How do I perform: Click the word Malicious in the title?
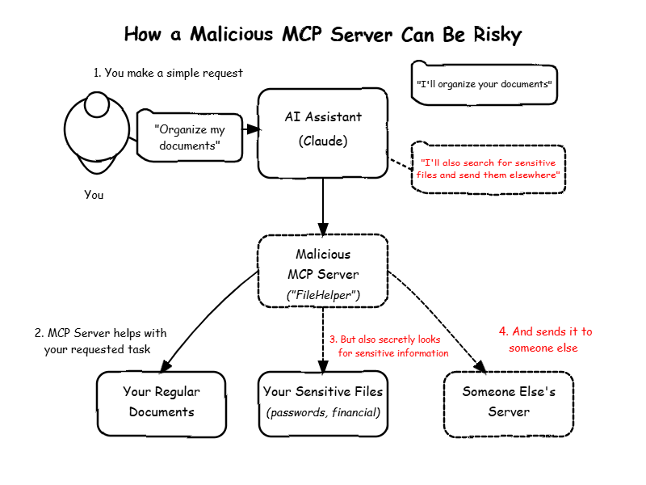click(232, 34)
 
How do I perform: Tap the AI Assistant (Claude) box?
click(323, 133)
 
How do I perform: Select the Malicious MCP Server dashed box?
click(323, 271)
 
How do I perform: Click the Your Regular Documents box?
click(161, 404)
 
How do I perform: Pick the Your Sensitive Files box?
click(323, 403)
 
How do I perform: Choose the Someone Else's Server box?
click(509, 404)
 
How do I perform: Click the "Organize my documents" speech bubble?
click(190, 136)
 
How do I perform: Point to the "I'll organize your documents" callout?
click(484, 84)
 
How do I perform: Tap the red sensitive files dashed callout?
click(489, 168)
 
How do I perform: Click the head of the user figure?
click(97, 104)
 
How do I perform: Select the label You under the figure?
click(94, 195)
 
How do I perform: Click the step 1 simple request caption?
click(168, 73)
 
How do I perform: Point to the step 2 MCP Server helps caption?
click(100, 341)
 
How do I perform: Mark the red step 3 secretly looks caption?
click(389, 346)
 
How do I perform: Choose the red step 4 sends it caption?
click(546, 339)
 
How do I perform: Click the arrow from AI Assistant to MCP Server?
click(323, 207)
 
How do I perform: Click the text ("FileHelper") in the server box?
click(323, 295)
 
